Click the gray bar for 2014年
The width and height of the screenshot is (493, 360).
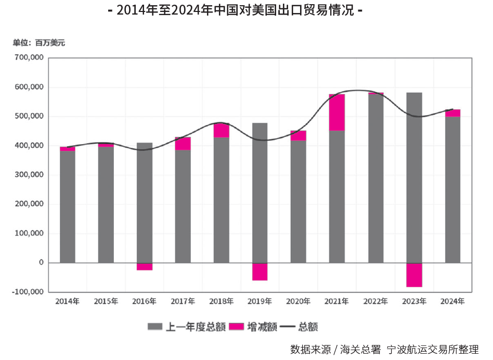click(x=68, y=207)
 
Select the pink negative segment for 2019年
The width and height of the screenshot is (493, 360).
click(x=260, y=272)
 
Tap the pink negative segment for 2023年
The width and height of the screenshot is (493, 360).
click(x=414, y=275)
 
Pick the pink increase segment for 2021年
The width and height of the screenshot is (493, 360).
click(x=337, y=112)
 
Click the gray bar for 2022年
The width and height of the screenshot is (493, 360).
click(x=375, y=178)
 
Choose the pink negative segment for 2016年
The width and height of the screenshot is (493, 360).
click(x=145, y=266)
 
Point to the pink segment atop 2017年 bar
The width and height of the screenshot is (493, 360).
click(x=183, y=144)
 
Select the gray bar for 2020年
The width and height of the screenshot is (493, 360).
click(x=299, y=201)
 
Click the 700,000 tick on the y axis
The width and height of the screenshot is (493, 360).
click(x=30, y=58)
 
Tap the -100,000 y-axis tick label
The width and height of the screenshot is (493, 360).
click(x=28, y=292)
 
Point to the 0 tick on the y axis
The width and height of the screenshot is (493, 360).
click(x=41, y=263)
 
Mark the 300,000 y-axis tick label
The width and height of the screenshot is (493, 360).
click(x=30, y=175)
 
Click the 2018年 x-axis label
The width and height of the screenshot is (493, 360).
click(x=222, y=301)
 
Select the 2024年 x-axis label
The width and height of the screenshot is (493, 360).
click(x=452, y=301)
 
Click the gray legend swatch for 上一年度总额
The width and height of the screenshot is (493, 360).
click(x=155, y=327)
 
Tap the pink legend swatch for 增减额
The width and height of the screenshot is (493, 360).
click(x=237, y=327)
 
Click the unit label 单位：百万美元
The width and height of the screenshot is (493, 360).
click(x=39, y=43)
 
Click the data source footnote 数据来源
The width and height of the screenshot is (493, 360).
click(x=384, y=349)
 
